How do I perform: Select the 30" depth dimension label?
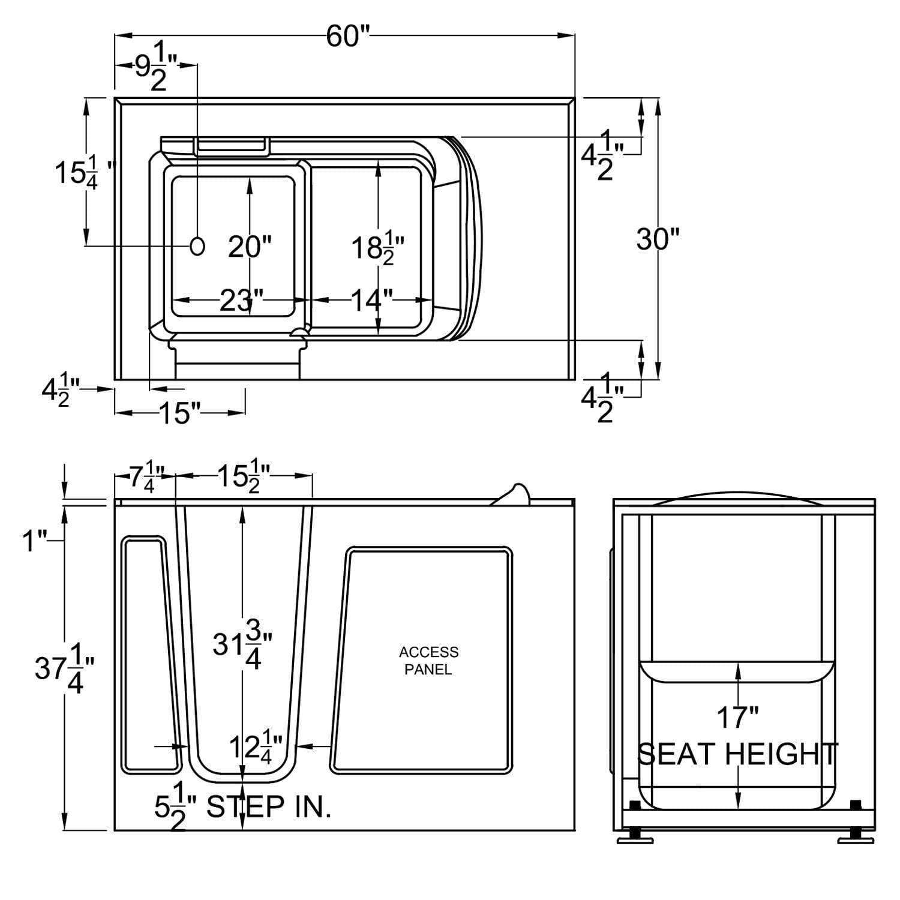tap(658, 239)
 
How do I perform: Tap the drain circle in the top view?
tap(197, 245)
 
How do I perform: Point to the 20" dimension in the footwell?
tap(250, 247)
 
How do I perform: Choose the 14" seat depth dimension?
tap(372, 300)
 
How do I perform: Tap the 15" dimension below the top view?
tap(179, 413)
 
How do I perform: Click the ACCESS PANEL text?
tap(428, 660)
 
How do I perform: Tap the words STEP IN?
tap(268, 808)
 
